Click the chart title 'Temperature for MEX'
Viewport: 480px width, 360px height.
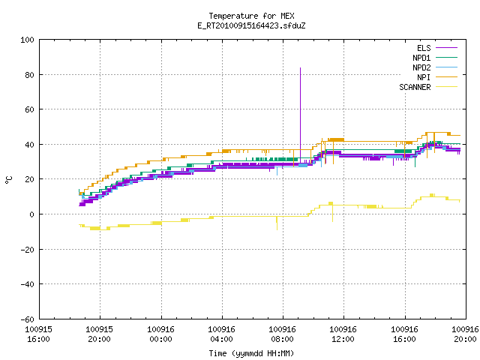251,16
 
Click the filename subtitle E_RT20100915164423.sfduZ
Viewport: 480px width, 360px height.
251,25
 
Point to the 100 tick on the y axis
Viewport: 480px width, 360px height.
27,40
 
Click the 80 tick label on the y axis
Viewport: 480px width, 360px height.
29,75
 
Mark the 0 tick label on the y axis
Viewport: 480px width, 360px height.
31,214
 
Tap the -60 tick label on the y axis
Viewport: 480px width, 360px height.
27,319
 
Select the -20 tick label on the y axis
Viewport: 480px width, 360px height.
27,250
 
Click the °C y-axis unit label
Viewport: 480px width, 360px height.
8,180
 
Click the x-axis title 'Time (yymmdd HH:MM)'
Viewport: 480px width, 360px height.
251,353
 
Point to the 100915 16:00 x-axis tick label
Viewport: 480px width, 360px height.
38,334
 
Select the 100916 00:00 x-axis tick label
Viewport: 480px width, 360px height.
160,334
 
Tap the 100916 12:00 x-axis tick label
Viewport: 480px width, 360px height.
343,334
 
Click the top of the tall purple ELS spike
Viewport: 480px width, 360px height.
300,68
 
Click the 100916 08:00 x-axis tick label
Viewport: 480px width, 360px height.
282,334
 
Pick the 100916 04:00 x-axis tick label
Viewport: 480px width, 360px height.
222,334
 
